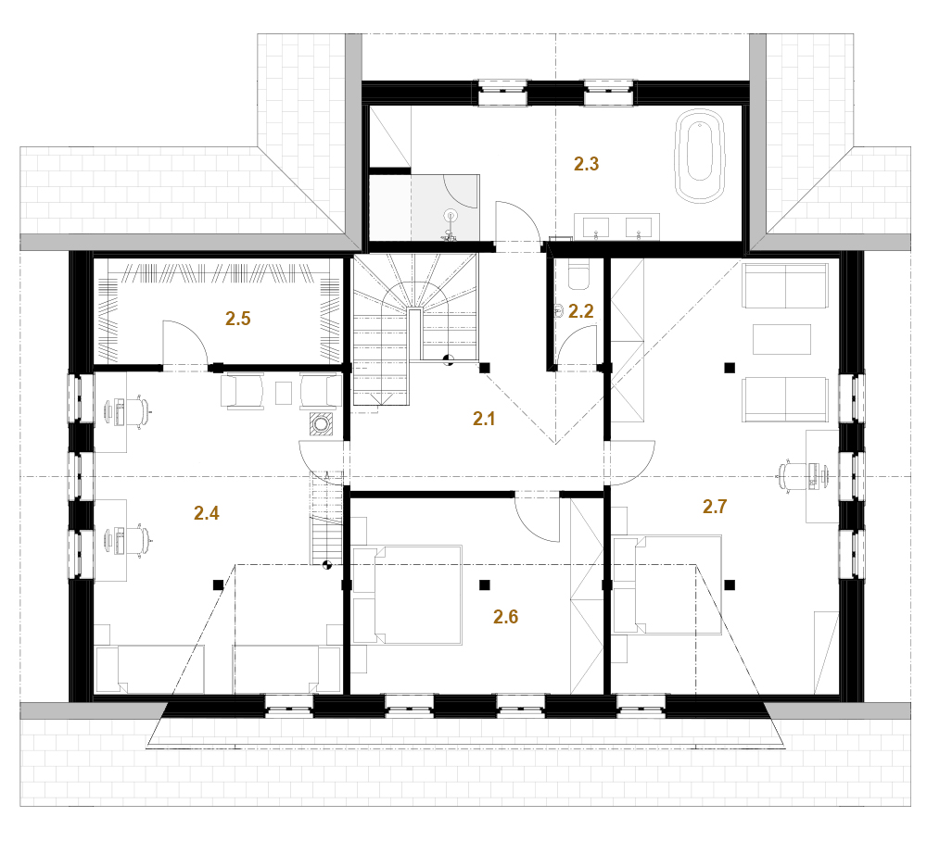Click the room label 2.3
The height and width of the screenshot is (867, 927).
tap(586, 164)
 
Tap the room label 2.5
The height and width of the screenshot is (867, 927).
tap(237, 319)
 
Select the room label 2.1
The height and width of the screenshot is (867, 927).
tap(484, 418)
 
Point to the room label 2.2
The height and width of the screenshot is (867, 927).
tap(580, 310)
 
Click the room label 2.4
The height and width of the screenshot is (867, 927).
tap(207, 512)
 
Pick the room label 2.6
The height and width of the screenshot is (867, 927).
tap(505, 617)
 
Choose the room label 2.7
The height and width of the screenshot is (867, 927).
tap(714, 506)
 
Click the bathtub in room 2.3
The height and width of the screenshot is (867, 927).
tap(700, 156)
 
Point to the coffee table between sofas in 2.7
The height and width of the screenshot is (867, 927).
tap(781, 339)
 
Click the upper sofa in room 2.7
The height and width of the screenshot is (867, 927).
tap(785, 286)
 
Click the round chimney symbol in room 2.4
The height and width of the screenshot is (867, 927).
tap(321, 424)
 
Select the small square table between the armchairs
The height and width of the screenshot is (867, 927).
tap(284, 393)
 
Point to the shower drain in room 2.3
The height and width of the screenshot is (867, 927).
tap(451, 216)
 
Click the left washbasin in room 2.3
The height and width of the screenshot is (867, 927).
tap(595, 227)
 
